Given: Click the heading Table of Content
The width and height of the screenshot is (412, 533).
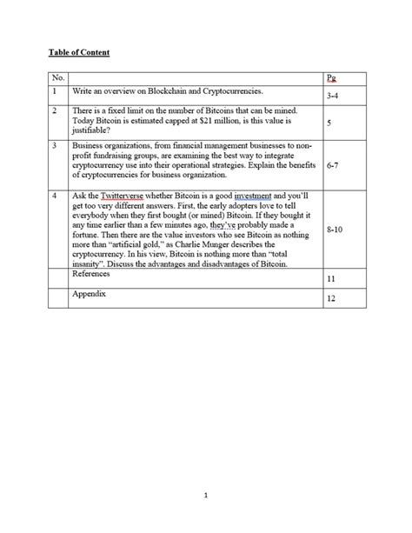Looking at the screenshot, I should pos(78,53).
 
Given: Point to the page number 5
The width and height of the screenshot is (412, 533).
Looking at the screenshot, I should pos(329,123).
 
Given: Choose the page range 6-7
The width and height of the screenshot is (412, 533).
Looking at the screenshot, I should pos(332,163).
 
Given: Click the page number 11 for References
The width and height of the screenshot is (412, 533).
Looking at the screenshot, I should pos(330,280).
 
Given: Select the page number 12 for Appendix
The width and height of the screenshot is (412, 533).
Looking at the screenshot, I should pos(330,299).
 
